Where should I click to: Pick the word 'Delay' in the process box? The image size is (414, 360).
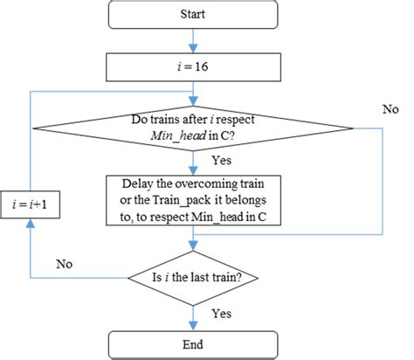(134, 184)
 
